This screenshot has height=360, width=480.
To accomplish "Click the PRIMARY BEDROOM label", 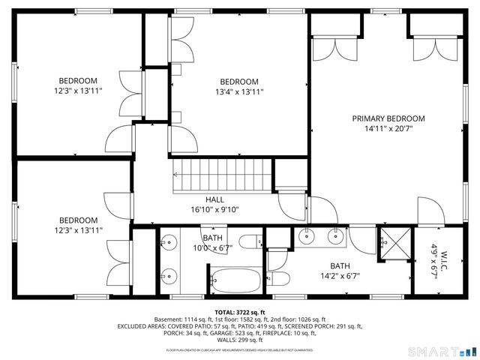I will click(x=388, y=118).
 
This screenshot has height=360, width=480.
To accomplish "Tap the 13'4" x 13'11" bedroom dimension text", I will click(x=239, y=92).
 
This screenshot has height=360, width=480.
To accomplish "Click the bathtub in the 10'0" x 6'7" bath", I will click(x=235, y=281).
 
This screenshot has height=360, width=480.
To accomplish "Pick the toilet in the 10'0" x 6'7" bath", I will click(x=257, y=242).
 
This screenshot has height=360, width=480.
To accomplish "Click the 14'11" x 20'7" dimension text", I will click(x=388, y=128).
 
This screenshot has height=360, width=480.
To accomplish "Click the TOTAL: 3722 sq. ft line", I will click(x=240, y=312).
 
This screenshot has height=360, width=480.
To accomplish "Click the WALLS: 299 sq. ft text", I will click(x=240, y=340).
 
